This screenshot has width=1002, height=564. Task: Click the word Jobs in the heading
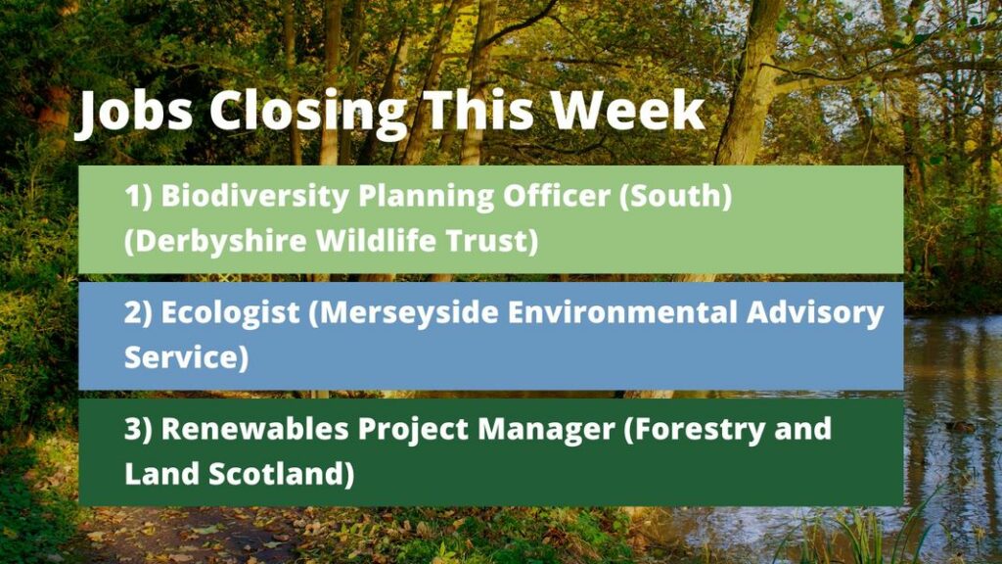pyautogui.click(x=134, y=113)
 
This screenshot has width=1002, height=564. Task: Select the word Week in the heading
pyautogui.click(x=628, y=110)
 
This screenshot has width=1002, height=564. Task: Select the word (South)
pyautogui.click(x=675, y=196)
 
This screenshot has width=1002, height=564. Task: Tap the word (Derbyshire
pyautogui.click(x=216, y=242)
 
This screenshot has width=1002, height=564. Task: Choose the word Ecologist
pyautogui.click(x=230, y=313)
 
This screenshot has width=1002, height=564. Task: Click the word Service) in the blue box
pyautogui.click(x=186, y=356)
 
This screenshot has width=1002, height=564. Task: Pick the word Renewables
pyautogui.click(x=255, y=429)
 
